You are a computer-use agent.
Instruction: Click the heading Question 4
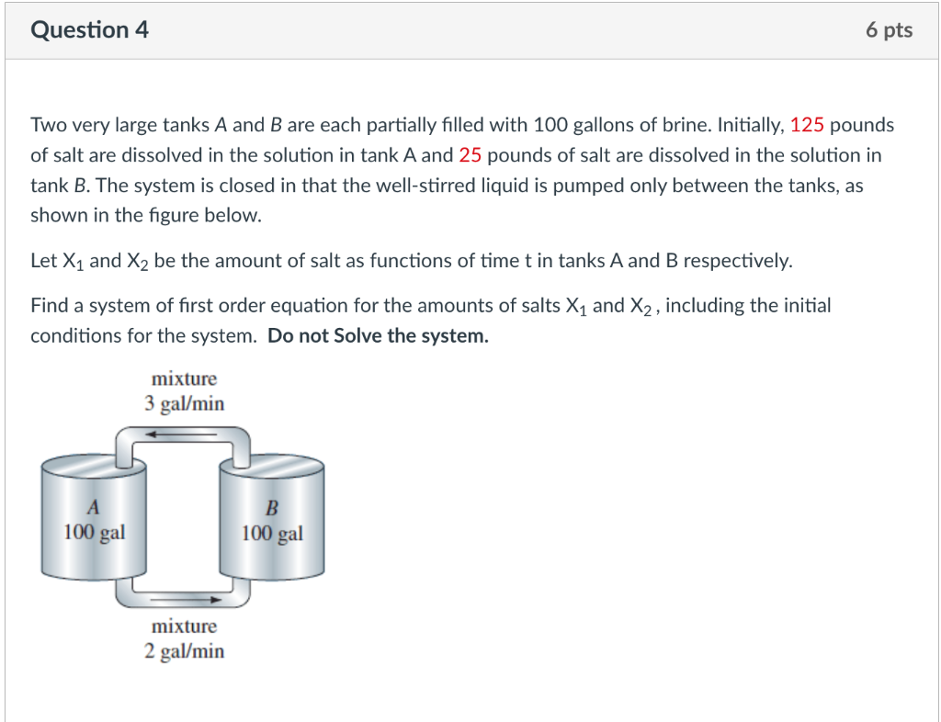coord(89,30)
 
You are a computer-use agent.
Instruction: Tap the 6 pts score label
coord(888,30)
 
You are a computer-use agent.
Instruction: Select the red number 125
coord(807,124)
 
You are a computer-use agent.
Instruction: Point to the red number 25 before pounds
coord(470,155)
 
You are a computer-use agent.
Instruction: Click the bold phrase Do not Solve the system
coord(378,335)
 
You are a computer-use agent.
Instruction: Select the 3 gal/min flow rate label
coord(184,403)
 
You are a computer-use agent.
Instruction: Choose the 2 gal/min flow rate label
coord(184,651)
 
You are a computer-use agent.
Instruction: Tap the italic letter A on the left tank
coord(93,507)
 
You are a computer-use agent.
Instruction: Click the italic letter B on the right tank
coord(271,508)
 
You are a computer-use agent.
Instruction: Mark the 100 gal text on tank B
coord(272,533)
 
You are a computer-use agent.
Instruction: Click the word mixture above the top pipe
coord(184,378)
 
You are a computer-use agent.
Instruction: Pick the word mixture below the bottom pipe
coord(184,626)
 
